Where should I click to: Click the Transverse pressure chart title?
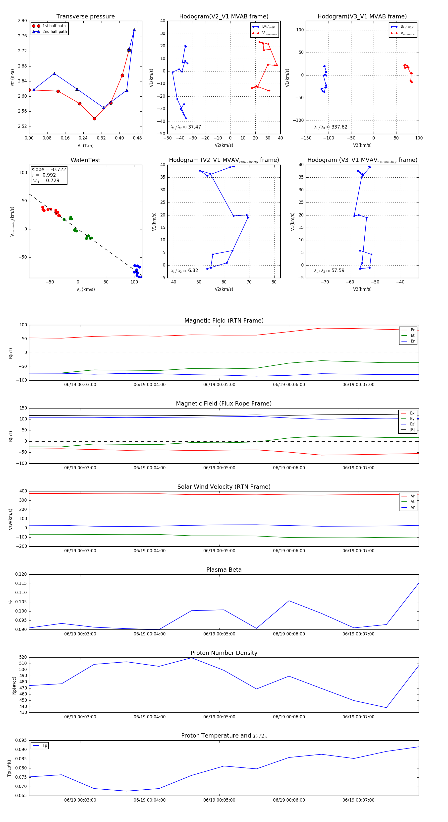click(85, 17)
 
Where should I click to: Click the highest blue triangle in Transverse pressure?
click(134, 30)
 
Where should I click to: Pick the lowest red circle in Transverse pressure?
click(94, 119)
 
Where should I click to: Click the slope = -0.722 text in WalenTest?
click(49, 169)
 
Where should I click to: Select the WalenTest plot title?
click(85, 160)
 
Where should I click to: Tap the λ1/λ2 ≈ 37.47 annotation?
click(186, 127)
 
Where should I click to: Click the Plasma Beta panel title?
click(224, 570)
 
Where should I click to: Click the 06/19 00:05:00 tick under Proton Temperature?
click(219, 800)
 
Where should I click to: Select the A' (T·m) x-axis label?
click(85, 145)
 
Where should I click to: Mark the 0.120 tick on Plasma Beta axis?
click(21, 574)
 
